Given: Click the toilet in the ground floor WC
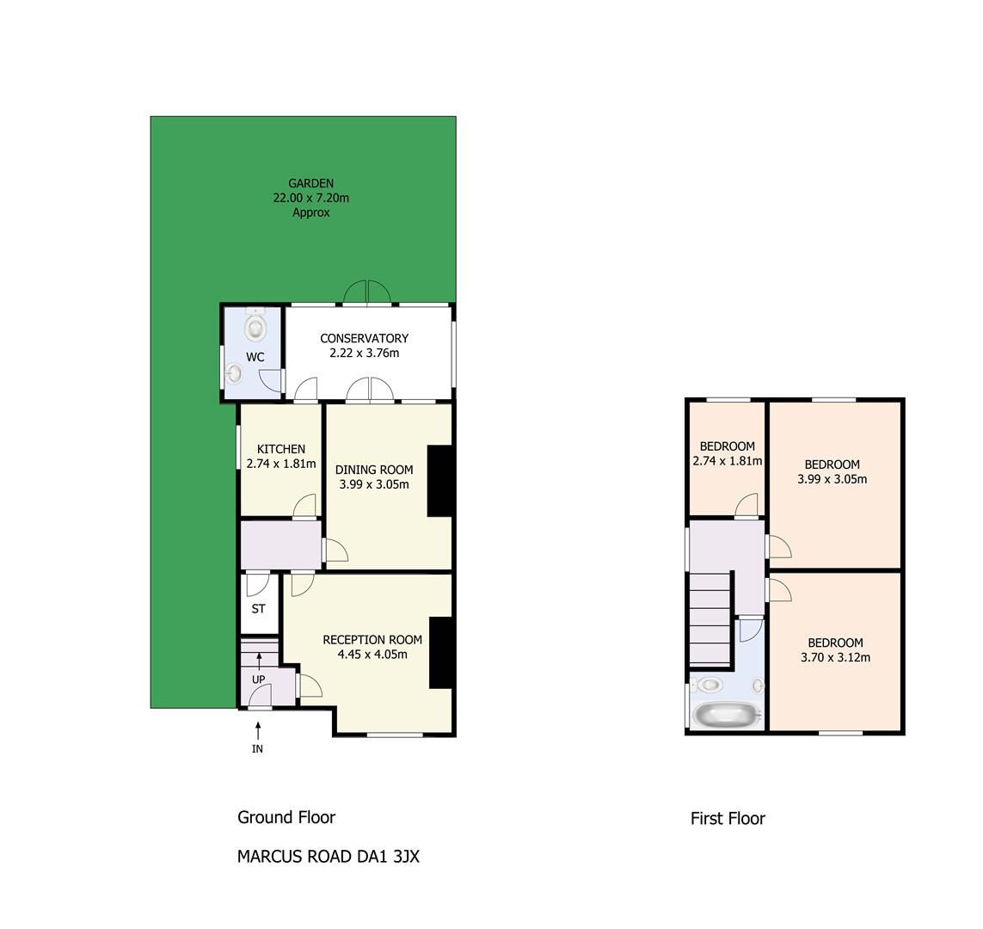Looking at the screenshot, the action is pyautogui.click(x=255, y=324).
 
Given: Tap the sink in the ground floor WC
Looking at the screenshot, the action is pyautogui.click(x=235, y=373).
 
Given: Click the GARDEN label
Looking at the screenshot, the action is pyautogui.click(x=311, y=184).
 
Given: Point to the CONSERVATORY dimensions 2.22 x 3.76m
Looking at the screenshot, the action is pyautogui.click(x=365, y=353).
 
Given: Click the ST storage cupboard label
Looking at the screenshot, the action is pyautogui.click(x=258, y=609).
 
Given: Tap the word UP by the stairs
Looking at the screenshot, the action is pyautogui.click(x=258, y=680).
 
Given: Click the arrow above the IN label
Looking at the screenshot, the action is pyautogui.click(x=258, y=731).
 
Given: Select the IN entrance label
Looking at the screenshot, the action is pyautogui.click(x=258, y=749).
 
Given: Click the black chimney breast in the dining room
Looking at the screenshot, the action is pyautogui.click(x=439, y=481).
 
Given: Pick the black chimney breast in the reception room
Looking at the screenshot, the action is pyautogui.click(x=440, y=653).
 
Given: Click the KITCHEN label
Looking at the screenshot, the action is pyautogui.click(x=281, y=450).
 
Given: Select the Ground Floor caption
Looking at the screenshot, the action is pyautogui.click(x=286, y=817).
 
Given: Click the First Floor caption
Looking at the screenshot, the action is pyautogui.click(x=728, y=819).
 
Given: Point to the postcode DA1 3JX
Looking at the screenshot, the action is pyautogui.click(x=388, y=856).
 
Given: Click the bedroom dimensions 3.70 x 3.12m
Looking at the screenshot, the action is pyautogui.click(x=836, y=657).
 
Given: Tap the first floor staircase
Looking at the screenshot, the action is pyautogui.click(x=710, y=618).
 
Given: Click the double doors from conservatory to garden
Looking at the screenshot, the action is pyautogui.click(x=366, y=293).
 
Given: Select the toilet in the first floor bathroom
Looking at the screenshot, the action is pyautogui.click(x=709, y=685).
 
